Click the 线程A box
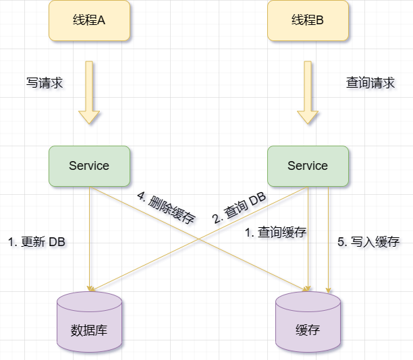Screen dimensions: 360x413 pyautogui.click(x=89, y=20)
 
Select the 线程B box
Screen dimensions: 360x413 pyautogui.click(x=308, y=20)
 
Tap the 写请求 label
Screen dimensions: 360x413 pyautogui.click(x=45, y=83)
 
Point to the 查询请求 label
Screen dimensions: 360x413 pyautogui.click(x=370, y=83)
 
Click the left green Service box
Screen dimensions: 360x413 pyautogui.click(x=89, y=166)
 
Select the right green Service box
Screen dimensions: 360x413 pyautogui.click(x=308, y=166)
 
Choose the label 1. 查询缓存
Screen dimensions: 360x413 pyautogui.click(x=275, y=233)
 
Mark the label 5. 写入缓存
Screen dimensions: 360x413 pyautogui.click(x=368, y=242)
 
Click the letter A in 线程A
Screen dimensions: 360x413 pyautogui.click(x=102, y=20)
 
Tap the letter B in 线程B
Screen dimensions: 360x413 pyautogui.click(x=320, y=20)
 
